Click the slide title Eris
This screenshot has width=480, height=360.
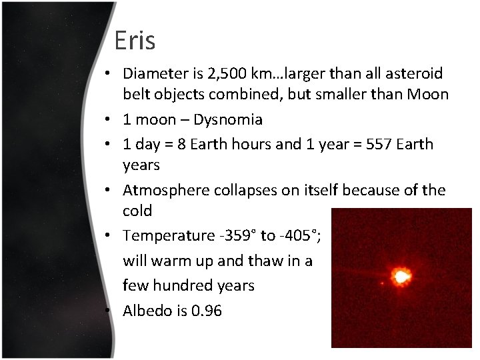(135, 41)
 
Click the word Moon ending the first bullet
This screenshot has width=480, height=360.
(426, 95)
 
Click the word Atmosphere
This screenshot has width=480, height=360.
(166, 190)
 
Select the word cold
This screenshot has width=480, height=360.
(137, 211)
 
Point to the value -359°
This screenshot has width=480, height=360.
(234, 235)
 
